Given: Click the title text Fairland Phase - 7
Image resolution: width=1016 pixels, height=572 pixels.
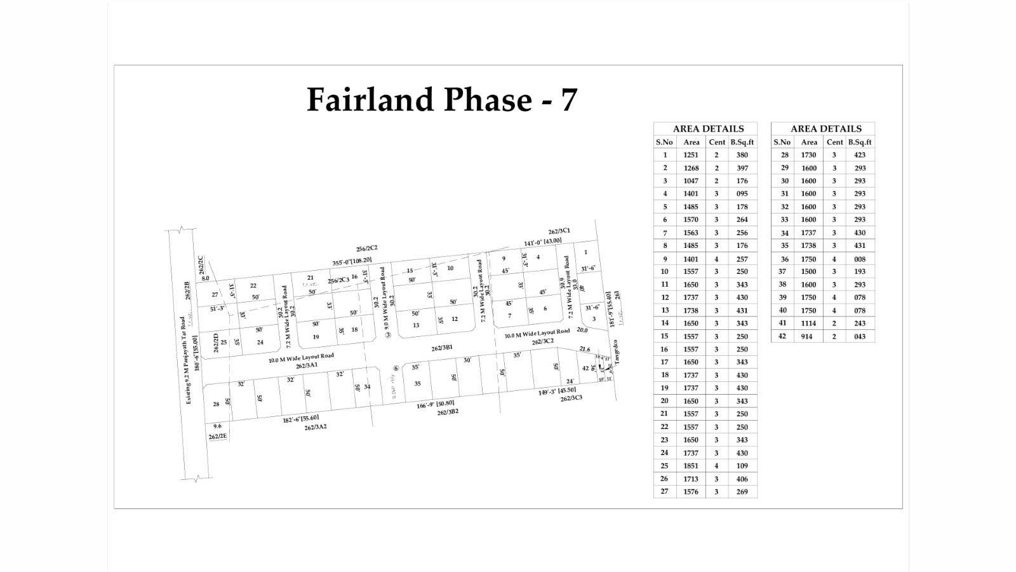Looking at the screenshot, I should (x=442, y=100).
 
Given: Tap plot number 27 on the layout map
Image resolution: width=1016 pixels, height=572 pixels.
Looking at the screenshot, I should (x=215, y=294).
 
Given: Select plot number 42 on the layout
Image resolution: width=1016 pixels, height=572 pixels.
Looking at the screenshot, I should (x=585, y=368).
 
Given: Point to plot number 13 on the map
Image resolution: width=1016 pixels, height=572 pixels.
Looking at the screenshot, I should (x=416, y=325).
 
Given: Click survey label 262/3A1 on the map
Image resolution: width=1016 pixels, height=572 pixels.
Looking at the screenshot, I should (x=306, y=365).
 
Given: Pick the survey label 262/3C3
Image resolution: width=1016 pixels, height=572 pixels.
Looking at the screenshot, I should (x=571, y=398).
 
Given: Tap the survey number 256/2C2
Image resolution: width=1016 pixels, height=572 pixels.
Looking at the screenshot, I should (x=367, y=249).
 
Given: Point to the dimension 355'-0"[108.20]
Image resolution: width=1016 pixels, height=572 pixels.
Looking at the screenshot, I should (x=352, y=261).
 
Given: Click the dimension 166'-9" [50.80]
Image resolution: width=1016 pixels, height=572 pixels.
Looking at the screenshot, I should (x=435, y=404).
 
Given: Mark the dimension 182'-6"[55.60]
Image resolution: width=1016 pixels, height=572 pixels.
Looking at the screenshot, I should (x=300, y=419).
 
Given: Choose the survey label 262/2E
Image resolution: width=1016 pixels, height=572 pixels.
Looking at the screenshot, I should (x=217, y=437).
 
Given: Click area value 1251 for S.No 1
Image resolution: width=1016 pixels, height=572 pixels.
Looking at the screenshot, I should (x=691, y=155).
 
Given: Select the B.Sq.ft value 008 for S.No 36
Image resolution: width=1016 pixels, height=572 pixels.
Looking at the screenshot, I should (x=860, y=259).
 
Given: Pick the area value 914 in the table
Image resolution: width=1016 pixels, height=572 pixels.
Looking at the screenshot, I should (x=806, y=336).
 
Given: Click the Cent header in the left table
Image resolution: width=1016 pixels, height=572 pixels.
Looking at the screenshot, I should (x=717, y=142).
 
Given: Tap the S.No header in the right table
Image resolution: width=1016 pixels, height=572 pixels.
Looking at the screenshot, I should (x=782, y=142).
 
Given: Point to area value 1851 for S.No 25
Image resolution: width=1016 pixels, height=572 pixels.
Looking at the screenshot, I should (x=691, y=466).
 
